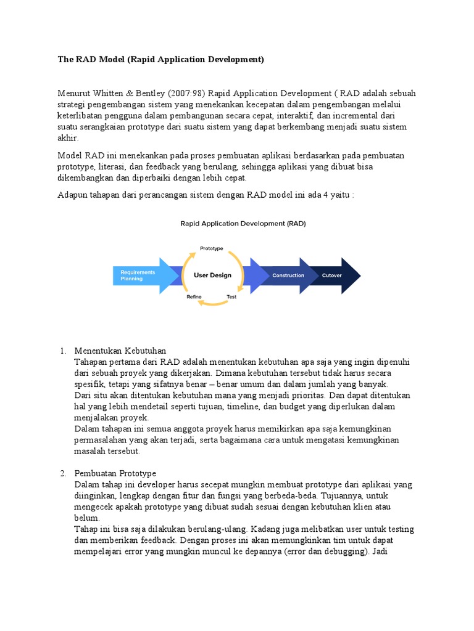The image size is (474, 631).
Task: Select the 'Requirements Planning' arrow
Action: [139, 275]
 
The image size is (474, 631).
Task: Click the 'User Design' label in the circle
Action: [212, 275]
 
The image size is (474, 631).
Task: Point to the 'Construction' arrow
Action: [288, 275]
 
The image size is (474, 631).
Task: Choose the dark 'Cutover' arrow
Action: [333, 275]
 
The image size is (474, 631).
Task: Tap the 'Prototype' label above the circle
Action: [211, 248]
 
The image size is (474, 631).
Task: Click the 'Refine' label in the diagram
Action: [194, 297]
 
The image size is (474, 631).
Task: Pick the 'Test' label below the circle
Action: [231, 297]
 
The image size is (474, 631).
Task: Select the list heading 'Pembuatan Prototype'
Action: [115, 473]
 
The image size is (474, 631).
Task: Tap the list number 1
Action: [62, 351]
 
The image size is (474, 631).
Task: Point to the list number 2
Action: [62, 473]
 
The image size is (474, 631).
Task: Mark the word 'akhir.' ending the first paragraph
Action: [69, 139]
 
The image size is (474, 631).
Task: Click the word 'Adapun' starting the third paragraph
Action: [73, 195]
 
